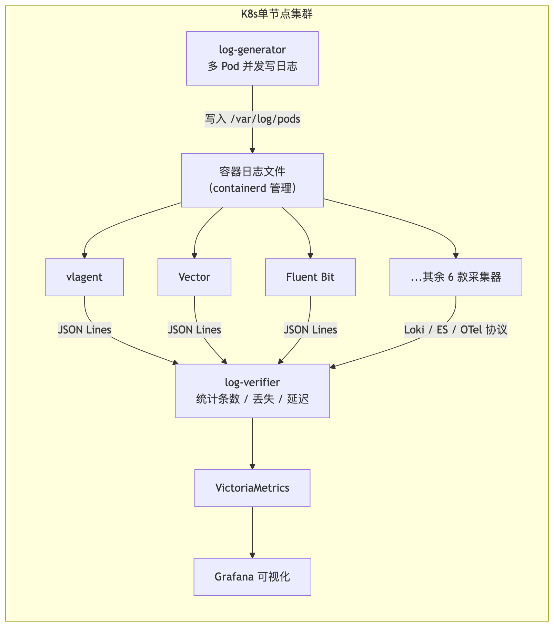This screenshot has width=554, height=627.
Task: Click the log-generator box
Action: tap(252, 58)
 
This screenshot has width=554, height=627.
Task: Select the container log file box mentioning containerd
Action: tap(252, 180)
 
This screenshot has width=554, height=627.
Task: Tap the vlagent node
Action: tap(84, 277)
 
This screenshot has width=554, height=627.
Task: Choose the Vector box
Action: tap(194, 277)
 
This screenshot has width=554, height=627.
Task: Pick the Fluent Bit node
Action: tap(310, 277)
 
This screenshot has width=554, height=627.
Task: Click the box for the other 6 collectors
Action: tap(456, 277)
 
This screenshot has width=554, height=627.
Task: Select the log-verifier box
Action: tap(252, 391)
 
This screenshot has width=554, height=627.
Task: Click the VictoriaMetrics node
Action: tap(252, 488)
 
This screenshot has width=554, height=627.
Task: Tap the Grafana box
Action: tap(252, 577)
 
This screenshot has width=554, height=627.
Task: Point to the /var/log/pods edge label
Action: tap(252, 119)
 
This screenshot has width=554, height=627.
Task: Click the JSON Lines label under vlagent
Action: tap(84, 330)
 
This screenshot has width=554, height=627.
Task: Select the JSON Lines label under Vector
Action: tap(194, 330)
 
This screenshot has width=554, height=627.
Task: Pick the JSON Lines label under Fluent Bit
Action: tap(310, 330)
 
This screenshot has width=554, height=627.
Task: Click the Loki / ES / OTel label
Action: tap(456, 330)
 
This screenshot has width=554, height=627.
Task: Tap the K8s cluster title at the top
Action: tap(277, 14)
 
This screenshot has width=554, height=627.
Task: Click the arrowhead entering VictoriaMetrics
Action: tap(252, 466)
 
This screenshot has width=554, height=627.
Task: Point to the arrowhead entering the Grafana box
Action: tap(252, 555)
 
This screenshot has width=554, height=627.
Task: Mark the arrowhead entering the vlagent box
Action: tap(84, 256)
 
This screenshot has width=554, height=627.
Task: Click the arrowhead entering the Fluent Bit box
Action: tap(310, 256)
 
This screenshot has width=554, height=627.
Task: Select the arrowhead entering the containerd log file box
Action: tap(252, 151)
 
